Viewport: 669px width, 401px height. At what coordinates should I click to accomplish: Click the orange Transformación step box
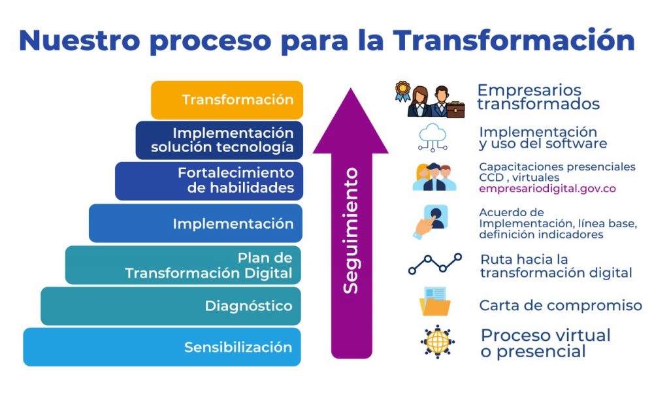(x=227, y=100)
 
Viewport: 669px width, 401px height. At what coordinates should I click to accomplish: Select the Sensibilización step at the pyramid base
(x=162, y=347)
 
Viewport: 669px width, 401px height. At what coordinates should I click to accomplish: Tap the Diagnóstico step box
(x=171, y=306)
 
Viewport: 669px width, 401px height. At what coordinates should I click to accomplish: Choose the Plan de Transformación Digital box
(x=183, y=265)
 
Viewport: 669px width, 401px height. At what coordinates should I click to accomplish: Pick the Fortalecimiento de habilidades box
(x=209, y=181)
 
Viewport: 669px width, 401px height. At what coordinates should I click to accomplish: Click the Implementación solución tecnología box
(x=220, y=140)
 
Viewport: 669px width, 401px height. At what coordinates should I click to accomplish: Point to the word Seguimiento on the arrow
(x=351, y=231)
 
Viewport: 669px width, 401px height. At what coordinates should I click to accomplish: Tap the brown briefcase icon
(x=455, y=110)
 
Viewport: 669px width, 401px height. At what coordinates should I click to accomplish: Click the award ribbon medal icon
(x=402, y=91)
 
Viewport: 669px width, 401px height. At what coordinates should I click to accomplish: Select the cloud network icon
(x=432, y=138)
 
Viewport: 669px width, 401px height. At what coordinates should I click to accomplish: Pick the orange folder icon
(x=434, y=302)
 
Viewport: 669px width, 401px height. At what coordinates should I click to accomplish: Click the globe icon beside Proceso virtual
(x=437, y=342)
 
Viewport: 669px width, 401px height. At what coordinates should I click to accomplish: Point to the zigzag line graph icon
(x=434, y=264)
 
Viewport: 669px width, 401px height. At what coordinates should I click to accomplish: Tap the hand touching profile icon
(x=431, y=221)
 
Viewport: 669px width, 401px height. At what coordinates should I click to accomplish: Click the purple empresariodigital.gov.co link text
(x=547, y=189)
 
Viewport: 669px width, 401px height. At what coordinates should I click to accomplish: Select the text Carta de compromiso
(x=561, y=306)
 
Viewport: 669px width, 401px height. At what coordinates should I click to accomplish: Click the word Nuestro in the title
(x=80, y=40)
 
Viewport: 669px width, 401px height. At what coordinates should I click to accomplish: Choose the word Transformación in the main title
(x=514, y=40)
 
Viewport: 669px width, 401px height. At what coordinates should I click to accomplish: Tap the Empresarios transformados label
(x=538, y=97)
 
